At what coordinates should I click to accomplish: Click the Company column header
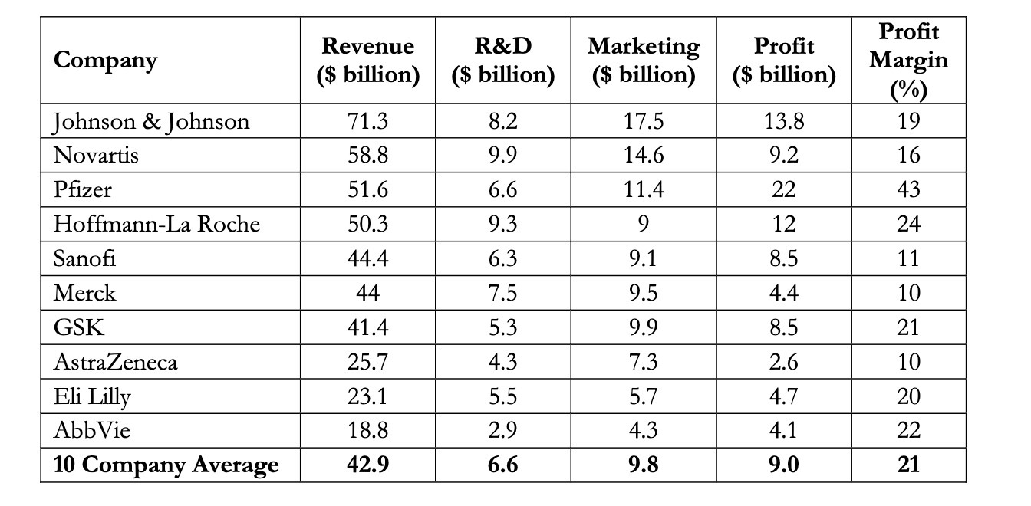[x=105, y=61]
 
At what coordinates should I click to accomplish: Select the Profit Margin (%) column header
[x=908, y=61]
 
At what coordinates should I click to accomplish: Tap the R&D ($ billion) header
[x=502, y=61]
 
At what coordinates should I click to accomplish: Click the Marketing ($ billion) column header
[x=643, y=61]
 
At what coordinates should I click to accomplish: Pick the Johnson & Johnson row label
[x=151, y=121]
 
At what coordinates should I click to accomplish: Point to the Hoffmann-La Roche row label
[x=156, y=224]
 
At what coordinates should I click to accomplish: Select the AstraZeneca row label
[x=115, y=361]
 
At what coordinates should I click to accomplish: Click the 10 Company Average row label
[x=166, y=465]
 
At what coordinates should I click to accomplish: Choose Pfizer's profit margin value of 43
[x=908, y=189]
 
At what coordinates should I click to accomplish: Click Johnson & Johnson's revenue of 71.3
[x=368, y=121]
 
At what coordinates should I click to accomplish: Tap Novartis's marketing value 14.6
[x=643, y=156]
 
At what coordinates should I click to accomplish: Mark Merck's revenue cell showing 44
[x=368, y=293]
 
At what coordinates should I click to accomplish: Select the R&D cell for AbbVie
[x=502, y=430]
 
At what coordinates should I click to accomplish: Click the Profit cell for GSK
[x=783, y=327]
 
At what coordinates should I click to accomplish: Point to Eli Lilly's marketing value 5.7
[x=643, y=396]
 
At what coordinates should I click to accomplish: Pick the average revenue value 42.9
[x=368, y=465]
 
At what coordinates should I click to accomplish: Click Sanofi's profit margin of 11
[x=908, y=258]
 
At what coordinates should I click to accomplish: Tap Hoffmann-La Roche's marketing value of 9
[x=643, y=224]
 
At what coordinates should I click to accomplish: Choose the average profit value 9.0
[x=783, y=465]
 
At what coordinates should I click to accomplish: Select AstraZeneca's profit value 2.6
[x=783, y=361]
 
